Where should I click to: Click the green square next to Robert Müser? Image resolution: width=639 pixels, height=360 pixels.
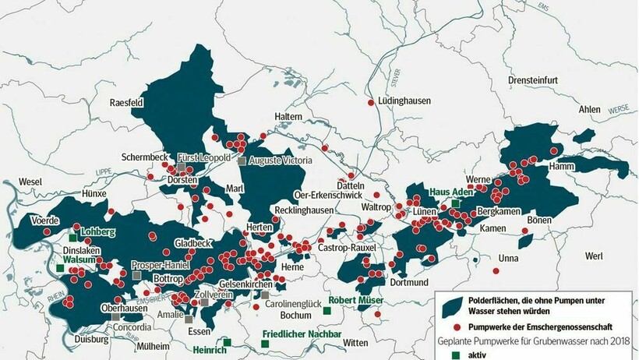click(x=327, y=310)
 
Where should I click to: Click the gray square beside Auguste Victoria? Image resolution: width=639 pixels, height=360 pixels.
click(x=242, y=161)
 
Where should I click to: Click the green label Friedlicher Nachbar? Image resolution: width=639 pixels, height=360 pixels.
click(x=302, y=334)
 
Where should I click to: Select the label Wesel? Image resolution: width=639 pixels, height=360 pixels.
click(x=31, y=182)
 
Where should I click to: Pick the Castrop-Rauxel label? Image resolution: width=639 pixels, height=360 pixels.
click(x=347, y=247)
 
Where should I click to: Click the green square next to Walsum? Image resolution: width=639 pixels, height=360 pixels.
click(x=60, y=268)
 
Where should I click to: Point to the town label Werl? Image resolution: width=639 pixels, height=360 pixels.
click(x=594, y=256)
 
